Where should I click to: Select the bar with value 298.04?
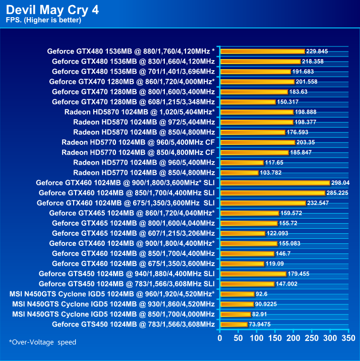point(275,183)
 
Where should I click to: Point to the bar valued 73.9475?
point(234,324)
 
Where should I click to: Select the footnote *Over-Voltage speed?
point(43,342)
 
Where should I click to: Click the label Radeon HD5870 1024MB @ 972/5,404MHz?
point(144,122)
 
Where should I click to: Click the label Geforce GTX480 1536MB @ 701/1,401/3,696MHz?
point(133,71)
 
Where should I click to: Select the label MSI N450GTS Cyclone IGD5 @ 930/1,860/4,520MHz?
point(113,304)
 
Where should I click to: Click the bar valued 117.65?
point(242,163)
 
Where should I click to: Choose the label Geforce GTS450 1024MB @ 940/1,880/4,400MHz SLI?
point(127,274)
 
